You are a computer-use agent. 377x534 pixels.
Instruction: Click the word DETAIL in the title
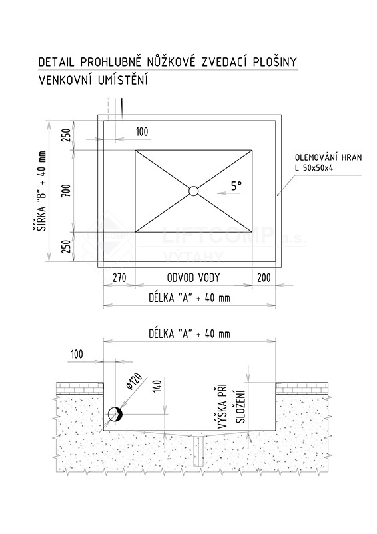click(x=57, y=62)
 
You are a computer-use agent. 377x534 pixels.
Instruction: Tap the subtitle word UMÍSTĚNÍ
click(x=123, y=80)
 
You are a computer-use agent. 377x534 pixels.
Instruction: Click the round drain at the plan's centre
click(x=194, y=191)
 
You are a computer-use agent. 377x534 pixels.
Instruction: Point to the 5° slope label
click(x=236, y=185)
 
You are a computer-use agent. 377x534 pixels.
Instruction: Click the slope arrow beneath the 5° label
click(x=228, y=193)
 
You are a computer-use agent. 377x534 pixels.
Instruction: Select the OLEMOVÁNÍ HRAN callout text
click(x=328, y=158)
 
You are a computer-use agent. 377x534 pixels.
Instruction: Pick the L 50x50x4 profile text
click(x=314, y=168)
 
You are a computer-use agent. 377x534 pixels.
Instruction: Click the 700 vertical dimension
click(x=67, y=191)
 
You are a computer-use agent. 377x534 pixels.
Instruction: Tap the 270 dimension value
click(x=119, y=278)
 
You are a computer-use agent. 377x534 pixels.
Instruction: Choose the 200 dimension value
click(x=264, y=278)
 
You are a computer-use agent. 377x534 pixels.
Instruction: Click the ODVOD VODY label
click(x=193, y=278)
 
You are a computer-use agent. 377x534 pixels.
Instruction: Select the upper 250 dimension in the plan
click(x=67, y=135)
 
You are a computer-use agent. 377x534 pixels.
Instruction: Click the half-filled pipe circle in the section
click(x=115, y=414)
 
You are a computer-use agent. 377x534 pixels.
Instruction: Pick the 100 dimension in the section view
click(x=77, y=355)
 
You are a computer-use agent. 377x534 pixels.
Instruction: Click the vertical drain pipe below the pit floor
click(x=198, y=450)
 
